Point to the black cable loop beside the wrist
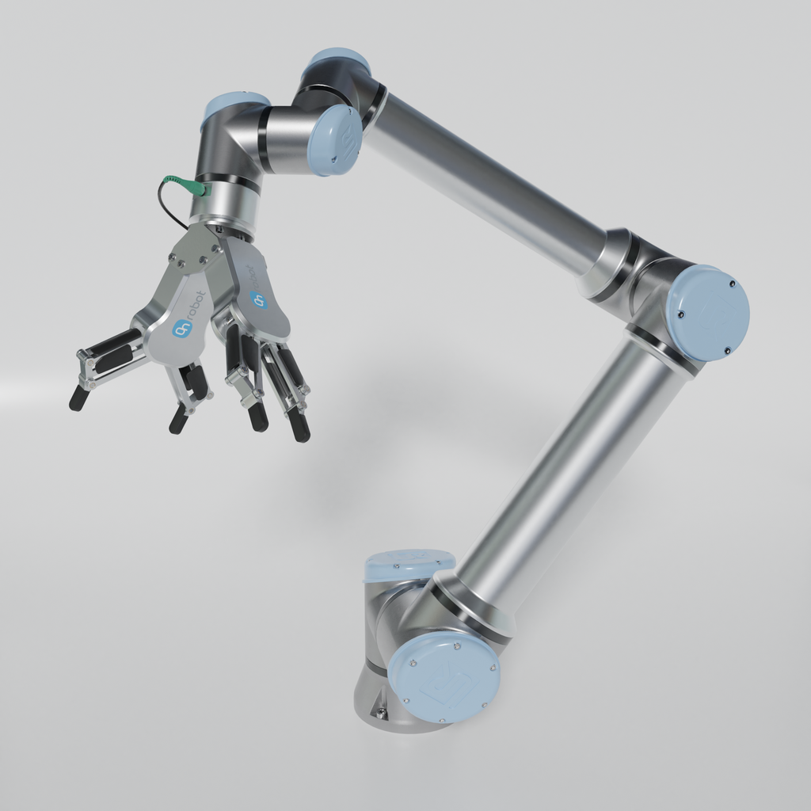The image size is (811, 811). (x=168, y=204)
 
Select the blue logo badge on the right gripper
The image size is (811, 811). (x=257, y=299)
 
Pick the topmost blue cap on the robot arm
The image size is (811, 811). (x=337, y=62)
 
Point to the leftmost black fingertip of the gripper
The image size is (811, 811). (x=78, y=398)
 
